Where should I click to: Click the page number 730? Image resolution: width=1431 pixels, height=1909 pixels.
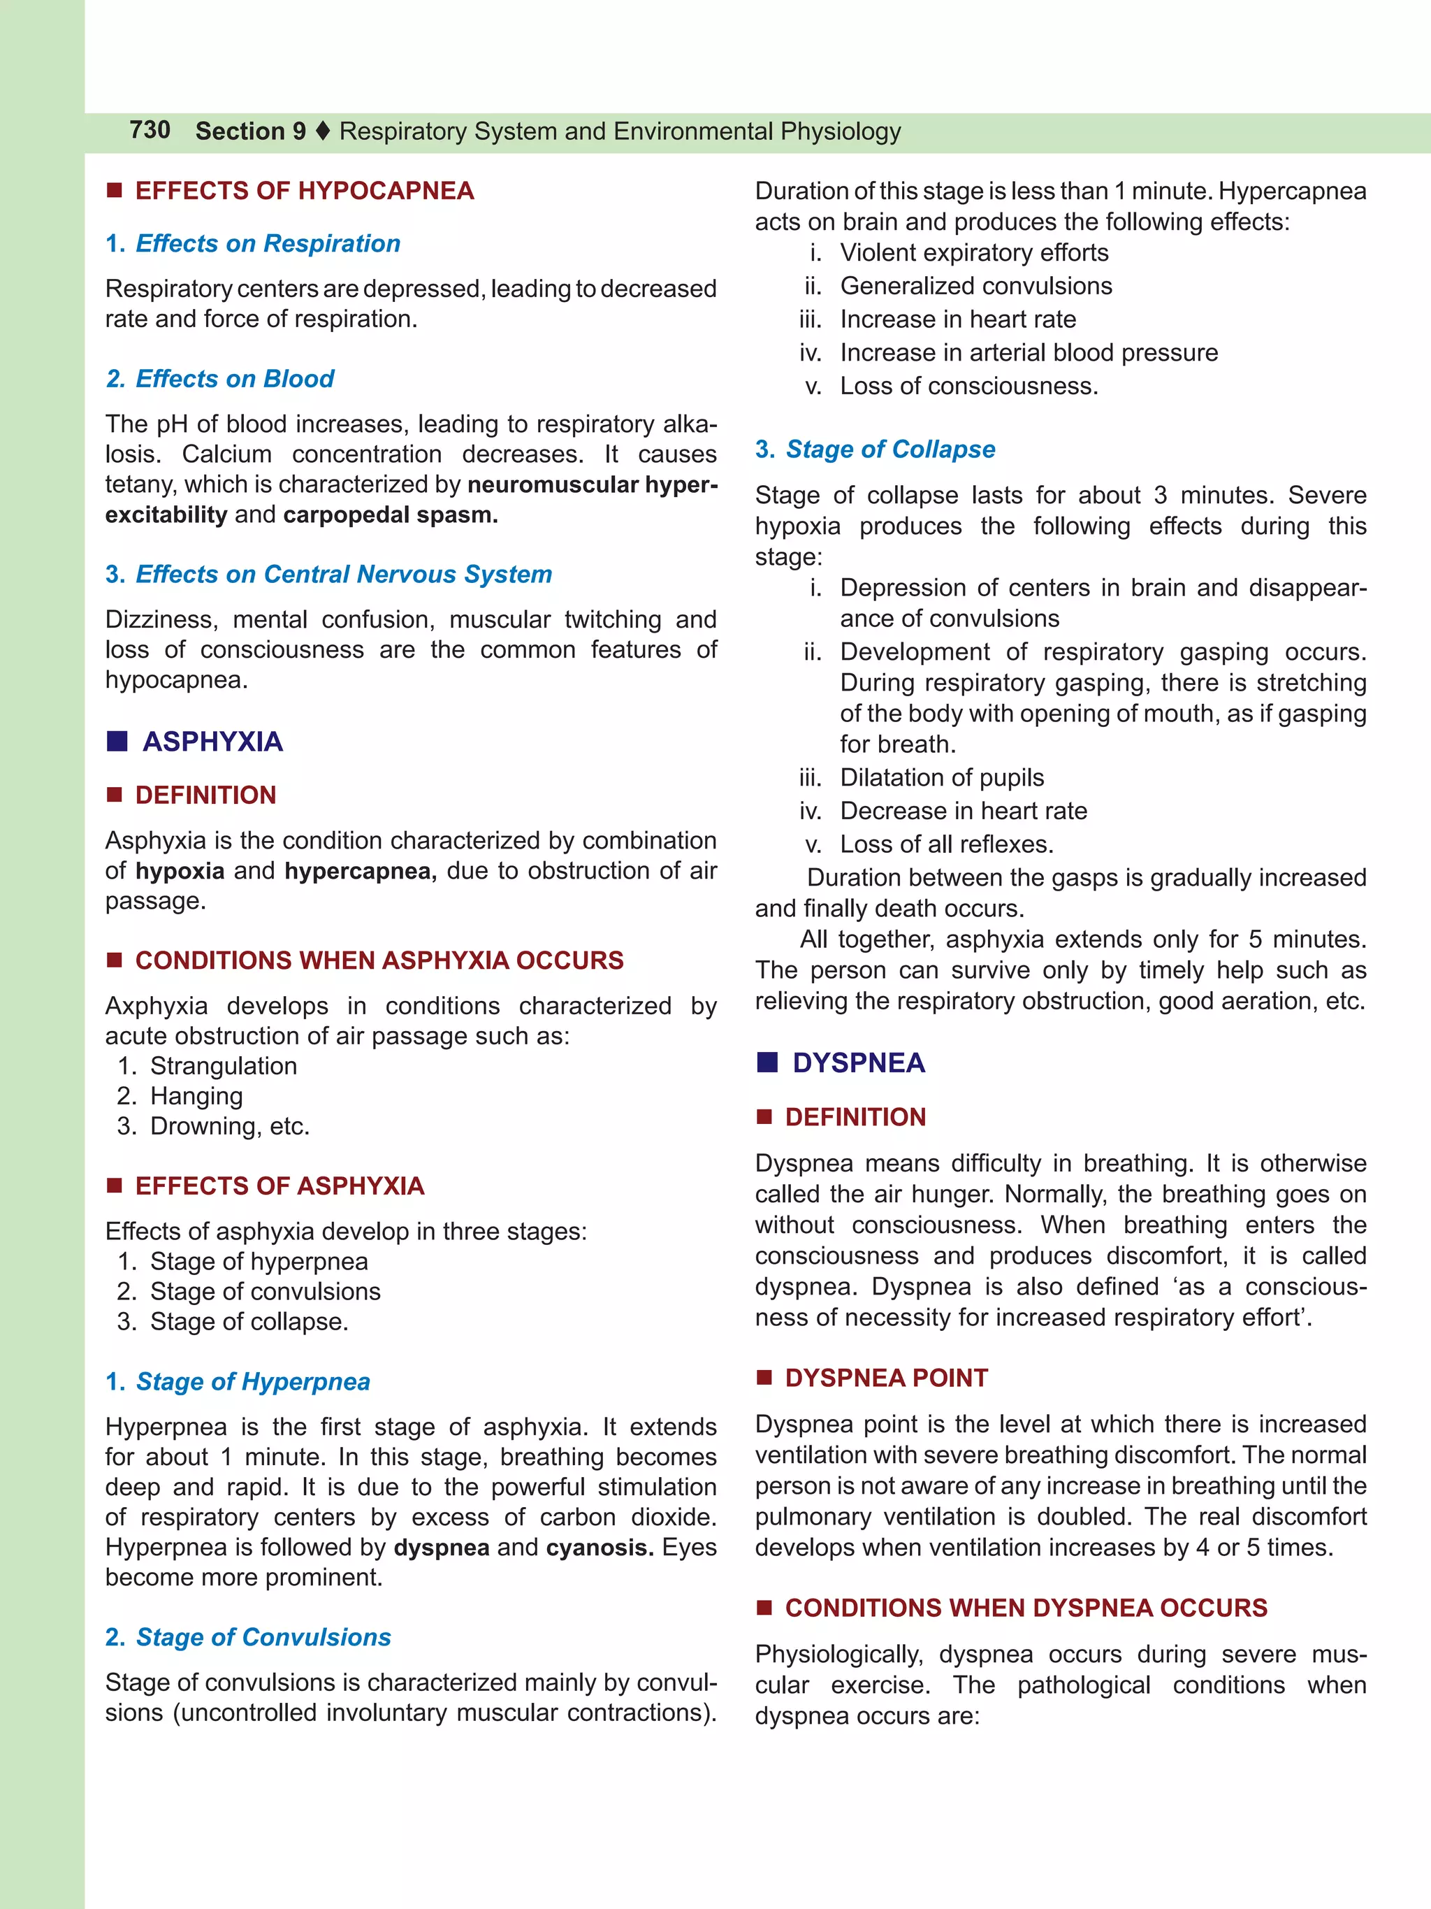click(x=150, y=130)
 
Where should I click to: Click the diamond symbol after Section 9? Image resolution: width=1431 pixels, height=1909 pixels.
click(x=323, y=131)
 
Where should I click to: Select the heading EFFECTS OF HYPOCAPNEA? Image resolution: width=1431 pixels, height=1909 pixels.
click(x=304, y=191)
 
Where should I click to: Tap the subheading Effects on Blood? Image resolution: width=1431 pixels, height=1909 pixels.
click(x=235, y=379)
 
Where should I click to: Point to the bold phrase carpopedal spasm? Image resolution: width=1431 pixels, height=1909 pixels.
click(x=390, y=515)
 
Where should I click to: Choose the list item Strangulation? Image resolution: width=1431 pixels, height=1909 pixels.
click(x=224, y=1066)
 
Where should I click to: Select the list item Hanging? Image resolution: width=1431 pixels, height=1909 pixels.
click(x=196, y=1096)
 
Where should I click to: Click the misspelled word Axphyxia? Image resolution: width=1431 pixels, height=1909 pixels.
click(x=156, y=1007)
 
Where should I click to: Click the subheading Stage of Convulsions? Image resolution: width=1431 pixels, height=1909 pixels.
click(x=263, y=1637)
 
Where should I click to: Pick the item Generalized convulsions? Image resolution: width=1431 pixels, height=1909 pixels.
click(x=975, y=286)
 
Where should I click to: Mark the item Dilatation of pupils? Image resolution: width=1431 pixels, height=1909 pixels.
click(x=941, y=777)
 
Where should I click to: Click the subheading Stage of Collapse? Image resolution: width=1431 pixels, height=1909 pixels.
click(x=890, y=449)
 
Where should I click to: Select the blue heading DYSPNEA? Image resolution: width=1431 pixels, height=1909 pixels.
click(x=858, y=1062)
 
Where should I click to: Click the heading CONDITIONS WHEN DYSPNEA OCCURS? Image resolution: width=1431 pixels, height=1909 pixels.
click(x=1026, y=1608)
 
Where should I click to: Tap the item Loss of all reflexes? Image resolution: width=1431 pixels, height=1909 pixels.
click(x=946, y=844)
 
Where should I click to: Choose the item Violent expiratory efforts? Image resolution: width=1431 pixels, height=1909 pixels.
click(x=974, y=253)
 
